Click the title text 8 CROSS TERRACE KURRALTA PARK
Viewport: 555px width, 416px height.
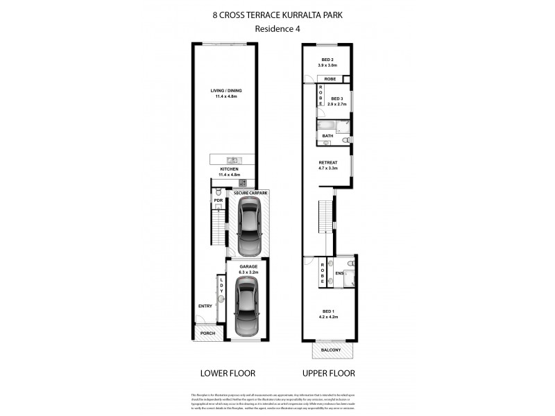tap(277, 12)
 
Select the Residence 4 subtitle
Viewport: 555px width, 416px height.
tap(277, 28)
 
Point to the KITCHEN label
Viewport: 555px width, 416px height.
tap(230, 169)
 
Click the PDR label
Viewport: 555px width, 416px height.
tap(218, 200)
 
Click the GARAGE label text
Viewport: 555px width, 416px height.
tap(248, 266)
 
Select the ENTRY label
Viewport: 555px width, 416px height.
tap(205, 306)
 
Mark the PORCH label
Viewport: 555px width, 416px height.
tap(207, 333)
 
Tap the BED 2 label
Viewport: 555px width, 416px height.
tap(327, 60)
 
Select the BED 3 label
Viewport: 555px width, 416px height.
tap(337, 99)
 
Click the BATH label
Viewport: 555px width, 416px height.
tap(327, 136)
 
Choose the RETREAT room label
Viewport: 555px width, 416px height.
tap(327, 163)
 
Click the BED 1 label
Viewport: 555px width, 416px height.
tap(327, 311)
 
